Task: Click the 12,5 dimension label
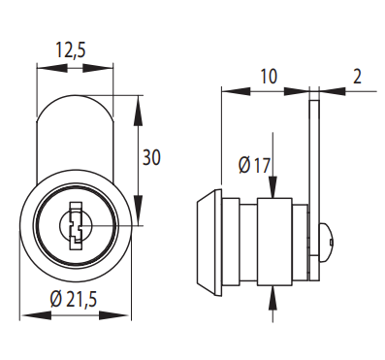(72, 50)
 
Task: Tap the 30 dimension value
(151, 158)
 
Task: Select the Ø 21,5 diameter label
(74, 299)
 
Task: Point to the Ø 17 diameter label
(254, 166)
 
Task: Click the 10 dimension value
(269, 77)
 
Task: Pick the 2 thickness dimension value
(357, 77)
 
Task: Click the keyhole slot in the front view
(76, 225)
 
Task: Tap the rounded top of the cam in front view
(75, 96)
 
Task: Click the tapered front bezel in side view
(209, 243)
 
